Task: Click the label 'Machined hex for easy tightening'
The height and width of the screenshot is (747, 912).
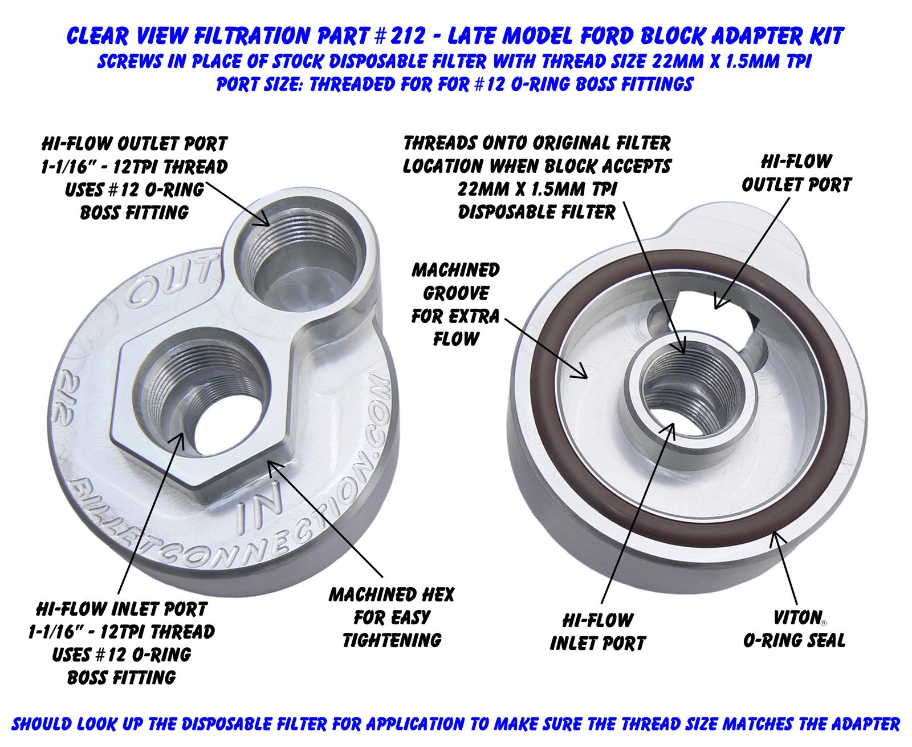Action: point(392,617)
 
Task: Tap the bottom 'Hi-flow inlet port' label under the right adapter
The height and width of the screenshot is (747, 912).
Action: point(598,631)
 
